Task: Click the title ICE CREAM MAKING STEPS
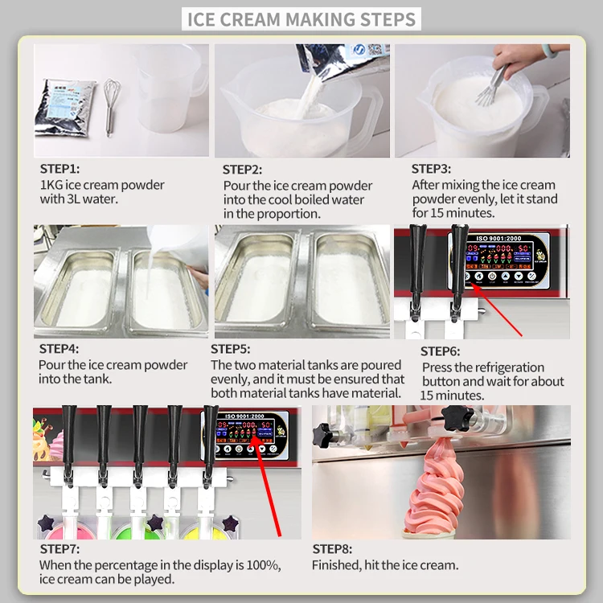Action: tap(301, 18)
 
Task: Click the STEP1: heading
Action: tap(60, 170)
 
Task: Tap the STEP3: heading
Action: tap(432, 169)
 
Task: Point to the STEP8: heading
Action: tap(333, 549)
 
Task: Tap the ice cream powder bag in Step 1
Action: tap(65, 106)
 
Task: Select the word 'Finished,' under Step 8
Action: tap(336, 564)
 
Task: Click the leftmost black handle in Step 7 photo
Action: tap(69, 434)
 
